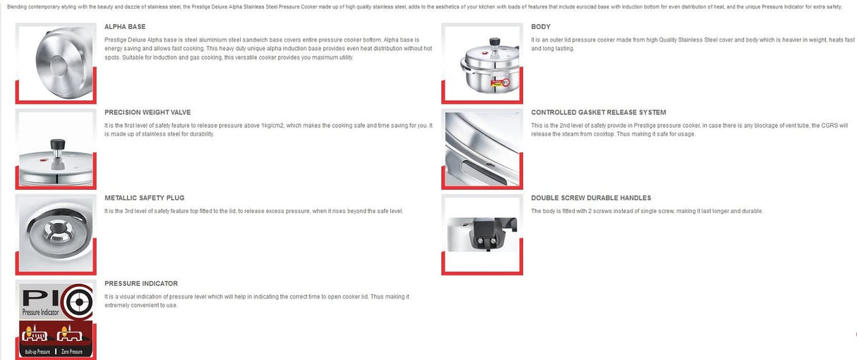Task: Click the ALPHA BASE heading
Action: click(125, 27)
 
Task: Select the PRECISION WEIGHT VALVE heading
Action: click(148, 112)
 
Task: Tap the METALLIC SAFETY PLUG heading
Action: click(144, 198)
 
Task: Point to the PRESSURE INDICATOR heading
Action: click(141, 284)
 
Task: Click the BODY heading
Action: click(541, 27)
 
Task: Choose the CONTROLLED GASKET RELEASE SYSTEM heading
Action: click(598, 112)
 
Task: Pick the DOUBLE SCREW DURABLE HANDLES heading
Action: click(591, 198)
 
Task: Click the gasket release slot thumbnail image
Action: click(482, 148)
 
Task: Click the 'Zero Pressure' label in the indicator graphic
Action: click(73, 352)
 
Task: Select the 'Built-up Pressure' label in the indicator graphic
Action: click(38, 352)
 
